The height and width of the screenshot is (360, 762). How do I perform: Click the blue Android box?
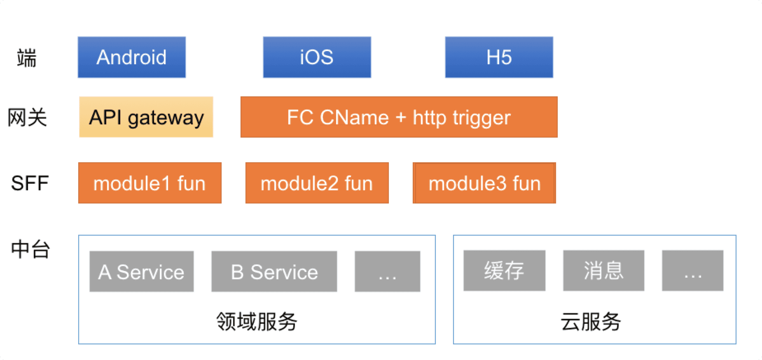tap(132, 57)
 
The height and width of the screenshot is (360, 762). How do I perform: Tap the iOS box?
tap(317, 57)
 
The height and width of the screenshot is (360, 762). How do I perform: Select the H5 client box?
tap(499, 57)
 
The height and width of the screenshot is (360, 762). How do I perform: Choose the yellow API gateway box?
tap(146, 117)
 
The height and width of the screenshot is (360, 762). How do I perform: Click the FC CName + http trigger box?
tap(399, 117)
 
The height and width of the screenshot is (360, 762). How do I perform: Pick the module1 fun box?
tap(150, 183)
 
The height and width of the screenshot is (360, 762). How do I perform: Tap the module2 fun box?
tap(317, 183)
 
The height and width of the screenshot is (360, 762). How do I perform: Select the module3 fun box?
tap(484, 183)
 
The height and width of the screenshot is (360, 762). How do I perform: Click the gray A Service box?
tap(142, 271)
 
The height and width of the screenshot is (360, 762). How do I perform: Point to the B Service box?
tap(274, 271)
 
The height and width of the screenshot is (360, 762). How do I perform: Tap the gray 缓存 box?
tap(505, 271)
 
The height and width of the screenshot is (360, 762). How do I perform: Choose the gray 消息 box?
tap(604, 271)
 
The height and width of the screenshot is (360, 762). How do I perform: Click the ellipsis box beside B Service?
tap(388, 271)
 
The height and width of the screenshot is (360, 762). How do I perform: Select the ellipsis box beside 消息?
tap(693, 271)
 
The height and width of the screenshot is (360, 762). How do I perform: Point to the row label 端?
tap(27, 58)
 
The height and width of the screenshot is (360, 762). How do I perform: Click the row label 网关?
tap(27, 118)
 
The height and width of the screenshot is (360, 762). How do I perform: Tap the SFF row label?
tap(30, 183)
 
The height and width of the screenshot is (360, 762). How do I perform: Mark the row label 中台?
tap(30, 250)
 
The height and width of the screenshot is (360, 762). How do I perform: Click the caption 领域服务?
tap(257, 322)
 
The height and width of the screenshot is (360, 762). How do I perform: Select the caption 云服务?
tap(591, 322)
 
